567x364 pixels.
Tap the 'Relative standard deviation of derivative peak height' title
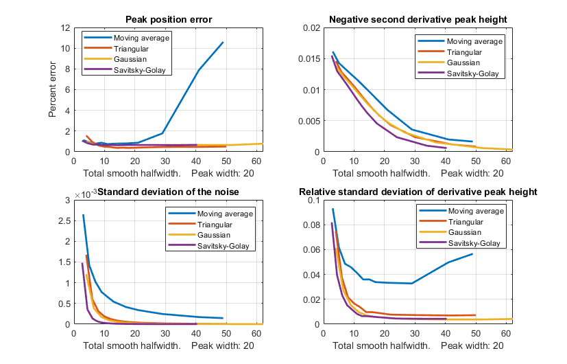(418, 191)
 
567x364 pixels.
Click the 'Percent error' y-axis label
(53, 90)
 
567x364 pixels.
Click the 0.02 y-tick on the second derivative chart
(312, 28)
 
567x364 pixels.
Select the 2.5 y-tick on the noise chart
(64, 220)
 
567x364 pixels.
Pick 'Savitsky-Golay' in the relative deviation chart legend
(474, 243)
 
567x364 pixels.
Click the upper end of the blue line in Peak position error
(223, 43)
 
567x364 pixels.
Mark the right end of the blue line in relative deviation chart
(472, 254)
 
